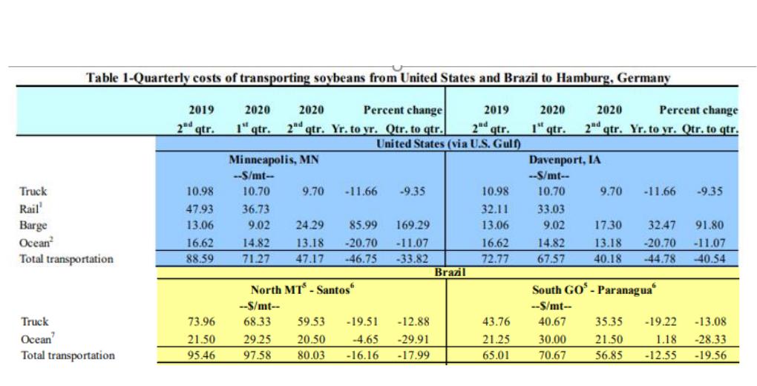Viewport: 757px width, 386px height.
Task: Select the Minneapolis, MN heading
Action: pos(274,160)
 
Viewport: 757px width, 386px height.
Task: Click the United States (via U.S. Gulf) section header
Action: pos(448,143)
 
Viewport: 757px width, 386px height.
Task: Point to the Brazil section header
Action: pos(450,272)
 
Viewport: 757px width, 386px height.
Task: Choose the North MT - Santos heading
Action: pos(303,289)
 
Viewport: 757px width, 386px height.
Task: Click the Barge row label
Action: pos(33,225)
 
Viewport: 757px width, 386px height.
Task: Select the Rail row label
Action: pos(30,209)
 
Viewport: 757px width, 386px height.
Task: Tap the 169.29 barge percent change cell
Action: pos(412,225)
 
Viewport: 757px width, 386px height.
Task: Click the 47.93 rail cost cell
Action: pos(200,209)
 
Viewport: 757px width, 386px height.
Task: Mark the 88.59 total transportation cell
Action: pos(200,258)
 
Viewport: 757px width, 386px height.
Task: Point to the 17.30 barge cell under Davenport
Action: pos(608,225)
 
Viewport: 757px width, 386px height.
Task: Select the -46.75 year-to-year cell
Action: pos(361,258)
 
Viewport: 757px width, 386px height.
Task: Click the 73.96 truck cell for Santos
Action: pos(201,321)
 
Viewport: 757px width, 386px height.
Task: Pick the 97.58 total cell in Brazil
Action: pos(257,355)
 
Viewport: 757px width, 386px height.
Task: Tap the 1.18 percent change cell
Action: pos(666,339)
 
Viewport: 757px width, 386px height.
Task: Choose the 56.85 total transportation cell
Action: pos(609,355)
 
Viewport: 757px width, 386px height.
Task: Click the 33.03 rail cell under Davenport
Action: pos(552,209)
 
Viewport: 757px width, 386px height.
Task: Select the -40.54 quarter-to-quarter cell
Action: pos(710,258)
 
